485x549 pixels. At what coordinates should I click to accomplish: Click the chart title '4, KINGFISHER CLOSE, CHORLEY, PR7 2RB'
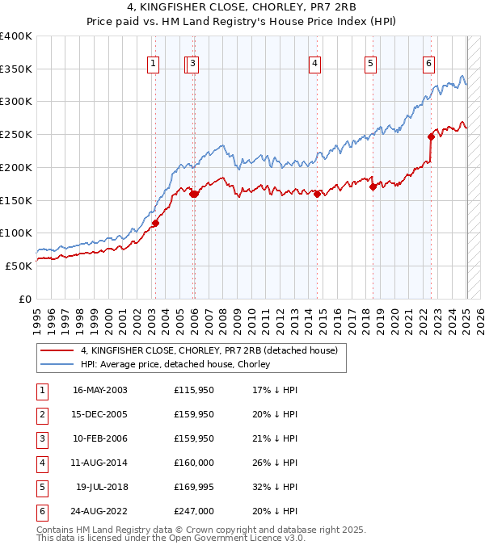click(x=242, y=10)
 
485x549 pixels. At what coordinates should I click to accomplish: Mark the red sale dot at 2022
click(x=431, y=136)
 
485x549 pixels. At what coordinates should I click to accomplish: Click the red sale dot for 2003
click(x=155, y=224)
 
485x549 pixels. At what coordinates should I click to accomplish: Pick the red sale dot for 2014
click(x=317, y=194)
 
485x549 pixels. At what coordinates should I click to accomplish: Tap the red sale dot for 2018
click(x=373, y=187)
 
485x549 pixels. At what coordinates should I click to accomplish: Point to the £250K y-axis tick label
click(x=18, y=135)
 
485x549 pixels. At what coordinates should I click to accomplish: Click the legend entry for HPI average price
click(x=175, y=365)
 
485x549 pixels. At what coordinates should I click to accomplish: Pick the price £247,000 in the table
click(x=193, y=511)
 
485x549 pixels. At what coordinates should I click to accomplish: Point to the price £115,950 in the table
click(x=193, y=390)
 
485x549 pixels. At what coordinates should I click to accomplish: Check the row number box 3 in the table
click(x=40, y=438)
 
